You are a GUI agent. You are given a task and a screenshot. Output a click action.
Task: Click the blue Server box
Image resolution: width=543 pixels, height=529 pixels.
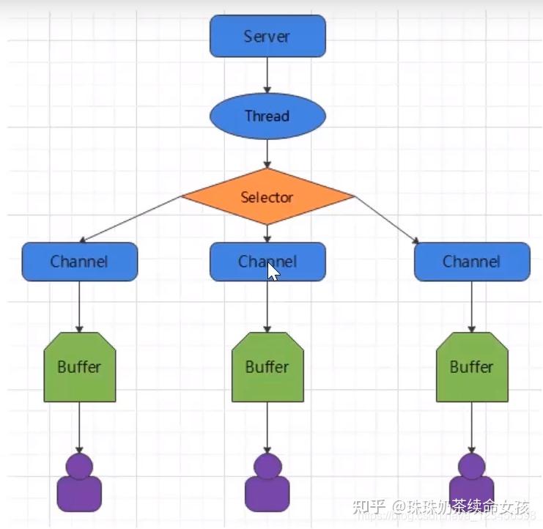click(x=267, y=36)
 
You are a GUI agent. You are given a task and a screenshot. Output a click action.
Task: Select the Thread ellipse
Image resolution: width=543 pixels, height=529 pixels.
click(x=267, y=116)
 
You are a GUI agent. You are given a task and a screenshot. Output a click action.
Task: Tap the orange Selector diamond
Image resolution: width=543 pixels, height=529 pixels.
click(x=267, y=197)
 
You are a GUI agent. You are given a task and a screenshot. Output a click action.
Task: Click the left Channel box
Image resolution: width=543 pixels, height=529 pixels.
click(x=79, y=262)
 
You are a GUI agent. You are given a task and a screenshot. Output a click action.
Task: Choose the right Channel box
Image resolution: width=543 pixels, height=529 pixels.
click(x=471, y=262)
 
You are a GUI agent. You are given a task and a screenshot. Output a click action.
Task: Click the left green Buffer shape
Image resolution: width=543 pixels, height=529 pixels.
click(x=79, y=366)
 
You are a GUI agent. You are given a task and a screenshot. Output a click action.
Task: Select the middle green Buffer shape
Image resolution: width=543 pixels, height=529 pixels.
click(x=267, y=366)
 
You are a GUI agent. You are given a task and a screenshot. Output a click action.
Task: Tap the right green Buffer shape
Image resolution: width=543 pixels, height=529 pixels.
click(x=471, y=366)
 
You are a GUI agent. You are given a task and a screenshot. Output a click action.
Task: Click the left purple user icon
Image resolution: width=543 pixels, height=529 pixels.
click(x=79, y=483)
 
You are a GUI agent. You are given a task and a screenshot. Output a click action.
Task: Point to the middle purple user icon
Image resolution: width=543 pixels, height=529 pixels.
click(x=267, y=483)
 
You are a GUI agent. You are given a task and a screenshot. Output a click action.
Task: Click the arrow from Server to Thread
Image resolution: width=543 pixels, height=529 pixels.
click(x=267, y=75)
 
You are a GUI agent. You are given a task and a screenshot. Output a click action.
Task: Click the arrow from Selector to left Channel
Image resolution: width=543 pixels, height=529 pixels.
click(x=132, y=219)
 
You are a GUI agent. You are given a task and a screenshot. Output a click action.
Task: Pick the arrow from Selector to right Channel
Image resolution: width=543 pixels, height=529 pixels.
click(x=387, y=219)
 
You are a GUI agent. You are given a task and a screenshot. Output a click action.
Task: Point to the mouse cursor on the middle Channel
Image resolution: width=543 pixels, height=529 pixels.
click(x=273, y=271)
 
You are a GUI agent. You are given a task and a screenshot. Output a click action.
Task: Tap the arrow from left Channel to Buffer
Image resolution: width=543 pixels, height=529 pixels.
click(x=79, y=306)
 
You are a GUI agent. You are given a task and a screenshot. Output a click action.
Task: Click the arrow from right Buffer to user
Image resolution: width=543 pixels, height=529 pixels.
click(x=471, y=427)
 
